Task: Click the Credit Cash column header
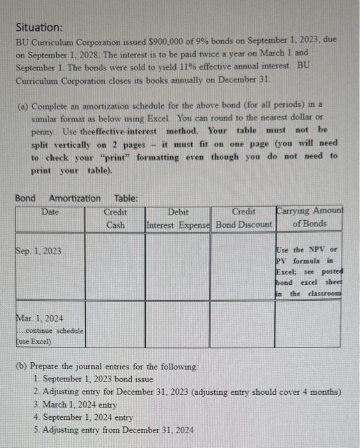pos(115,218)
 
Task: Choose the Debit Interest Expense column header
pos(178,218)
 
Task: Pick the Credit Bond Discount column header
pos(244,218)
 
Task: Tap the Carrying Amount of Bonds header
pos(309,218)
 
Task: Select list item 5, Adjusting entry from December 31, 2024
pos(114,429)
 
